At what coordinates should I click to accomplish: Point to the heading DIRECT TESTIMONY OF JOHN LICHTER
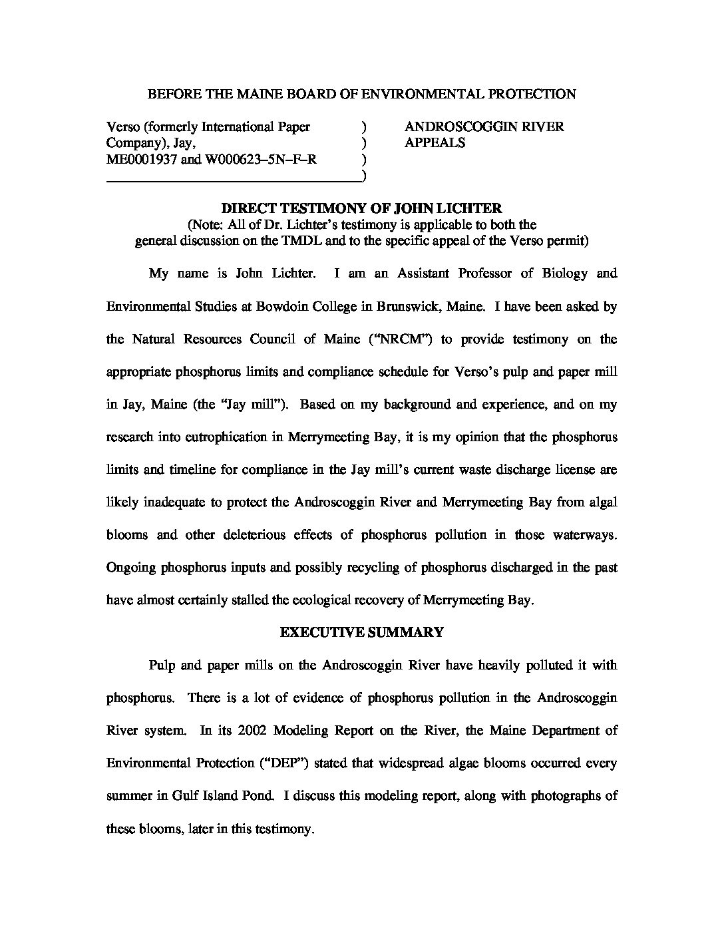(x=361, y=208)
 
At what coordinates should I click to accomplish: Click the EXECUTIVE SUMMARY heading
(x=361, y=632)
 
